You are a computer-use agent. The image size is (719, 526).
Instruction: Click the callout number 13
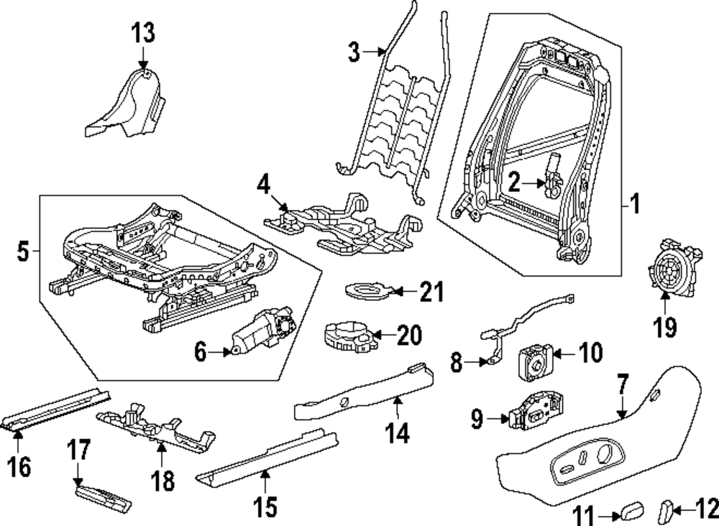click(x=143, y=33)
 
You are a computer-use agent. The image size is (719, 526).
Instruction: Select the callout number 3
click(x=353, y=52)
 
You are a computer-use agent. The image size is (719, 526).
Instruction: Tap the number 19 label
click(x=665, y=328)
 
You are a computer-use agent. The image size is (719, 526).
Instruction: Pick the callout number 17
click(x=79, y=451)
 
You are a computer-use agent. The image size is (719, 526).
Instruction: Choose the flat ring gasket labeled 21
click(x=367, y=291)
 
